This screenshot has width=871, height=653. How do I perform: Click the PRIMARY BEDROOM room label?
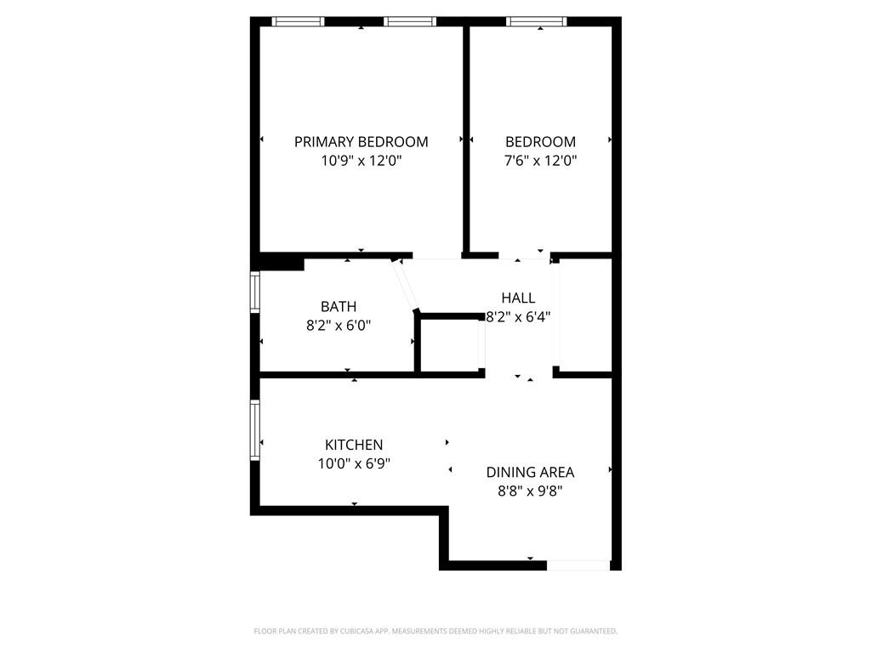tap(361, 142)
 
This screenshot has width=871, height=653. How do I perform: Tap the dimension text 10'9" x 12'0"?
tap(361, 161)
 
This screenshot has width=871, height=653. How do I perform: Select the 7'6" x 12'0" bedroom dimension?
tap(540, 161)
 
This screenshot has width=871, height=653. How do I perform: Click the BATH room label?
tap(339, 306)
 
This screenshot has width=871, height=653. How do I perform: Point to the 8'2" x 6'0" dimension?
tap(339, 325)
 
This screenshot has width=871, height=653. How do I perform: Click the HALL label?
tap(518, 298)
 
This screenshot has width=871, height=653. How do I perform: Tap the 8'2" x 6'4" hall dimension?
tap(518, 316)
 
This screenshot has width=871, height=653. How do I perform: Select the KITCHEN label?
tap(354, 445)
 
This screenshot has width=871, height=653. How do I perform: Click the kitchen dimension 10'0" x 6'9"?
tap(354, 463)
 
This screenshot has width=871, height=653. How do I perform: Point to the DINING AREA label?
tap(530, 472)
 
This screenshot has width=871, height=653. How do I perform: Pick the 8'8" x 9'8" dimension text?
tap(530, 491)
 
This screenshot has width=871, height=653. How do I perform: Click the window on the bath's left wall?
tap(254, 292)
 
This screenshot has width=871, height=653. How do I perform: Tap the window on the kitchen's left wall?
tap(254, 430)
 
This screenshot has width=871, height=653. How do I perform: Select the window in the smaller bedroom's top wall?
tap(536, 21)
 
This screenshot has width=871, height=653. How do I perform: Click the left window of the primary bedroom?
tap(298, 21)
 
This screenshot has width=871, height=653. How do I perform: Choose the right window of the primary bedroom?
tap(410, 21)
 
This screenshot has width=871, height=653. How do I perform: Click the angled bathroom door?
tap(405, 286)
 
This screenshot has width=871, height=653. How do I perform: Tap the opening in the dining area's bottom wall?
tap(578, 565)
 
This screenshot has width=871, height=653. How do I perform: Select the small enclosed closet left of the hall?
tap(451, 344)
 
